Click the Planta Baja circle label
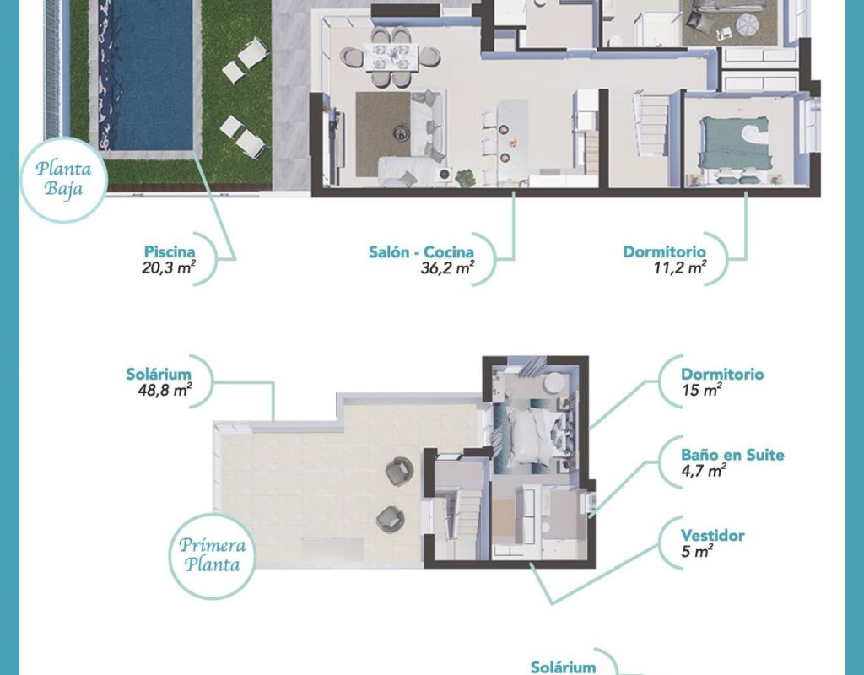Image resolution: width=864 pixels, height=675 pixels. coord(62,179)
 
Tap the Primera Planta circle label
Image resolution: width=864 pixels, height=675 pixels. coord(212,555)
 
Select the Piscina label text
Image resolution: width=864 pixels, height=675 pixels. coord(170,251)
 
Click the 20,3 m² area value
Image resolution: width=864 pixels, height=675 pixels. coord(169,268)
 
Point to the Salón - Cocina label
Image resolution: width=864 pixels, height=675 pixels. coord(421,251)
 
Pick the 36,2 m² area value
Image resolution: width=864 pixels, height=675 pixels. coord(447,268)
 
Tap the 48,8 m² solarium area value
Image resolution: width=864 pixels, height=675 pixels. coord(165,391)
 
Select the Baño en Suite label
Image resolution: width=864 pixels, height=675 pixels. coord(732,455)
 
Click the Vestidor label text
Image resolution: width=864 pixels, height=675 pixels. coord(712,536)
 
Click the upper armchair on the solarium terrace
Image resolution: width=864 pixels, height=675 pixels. coord(399,472)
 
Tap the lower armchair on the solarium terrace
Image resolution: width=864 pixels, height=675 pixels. coord(390,519)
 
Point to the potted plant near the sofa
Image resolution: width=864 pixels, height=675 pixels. coord(464,177)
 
